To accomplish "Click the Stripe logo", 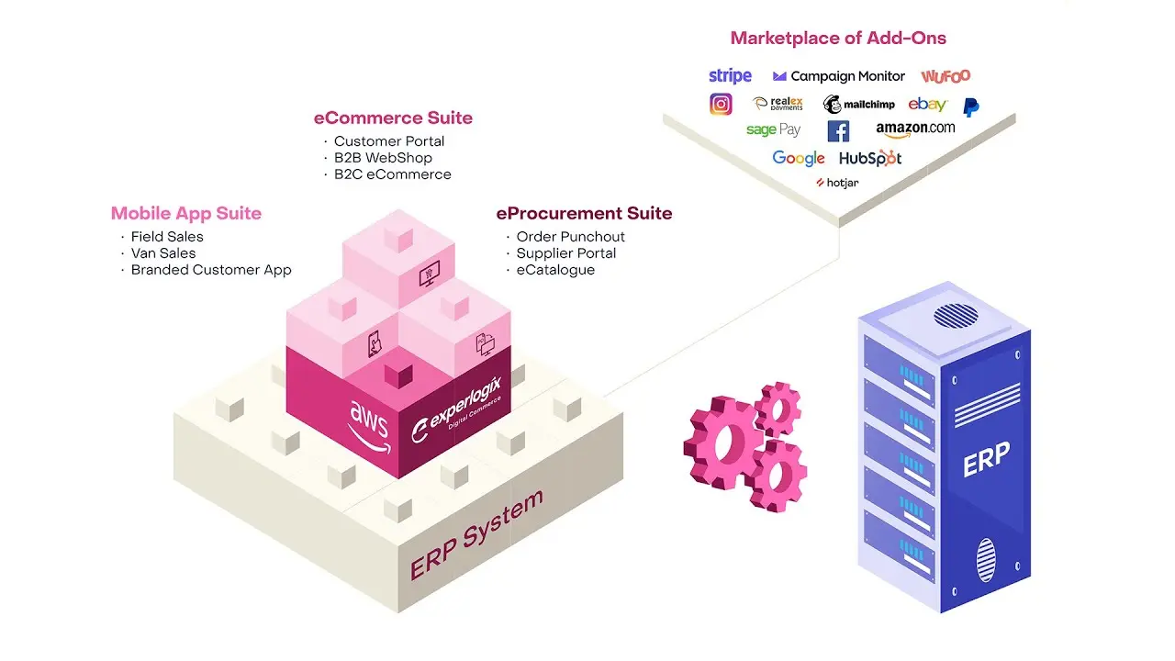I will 730,76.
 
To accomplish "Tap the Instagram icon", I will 721,104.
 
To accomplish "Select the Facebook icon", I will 838,131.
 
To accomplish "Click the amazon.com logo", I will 915,129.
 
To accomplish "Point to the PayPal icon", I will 970,106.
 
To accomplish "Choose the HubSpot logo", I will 870,158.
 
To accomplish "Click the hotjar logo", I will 837,183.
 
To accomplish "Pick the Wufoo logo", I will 946,76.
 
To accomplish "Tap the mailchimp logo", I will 858,105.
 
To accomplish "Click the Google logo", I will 798,158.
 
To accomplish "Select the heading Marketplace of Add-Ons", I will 838,39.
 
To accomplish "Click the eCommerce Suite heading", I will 393,118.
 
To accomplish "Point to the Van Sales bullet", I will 162,253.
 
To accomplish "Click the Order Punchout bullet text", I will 570,237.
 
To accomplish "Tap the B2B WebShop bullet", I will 383,158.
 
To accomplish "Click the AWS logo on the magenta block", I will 368,423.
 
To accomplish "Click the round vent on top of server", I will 955,316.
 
